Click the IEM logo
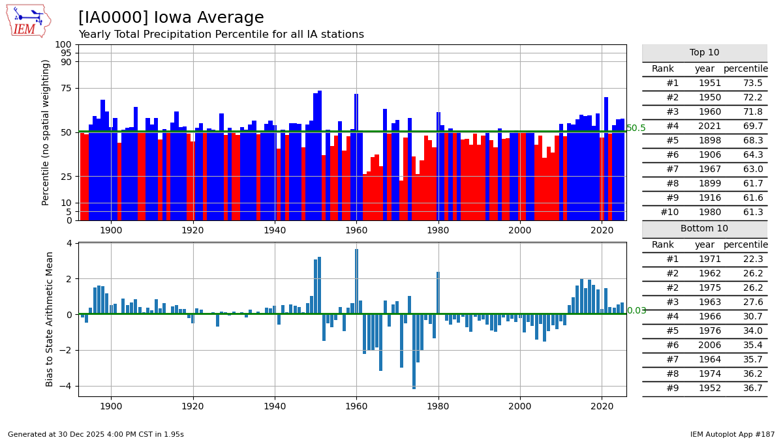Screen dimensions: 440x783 (x=29, y=21)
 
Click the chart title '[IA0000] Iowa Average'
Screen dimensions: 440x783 (x=171, y=18)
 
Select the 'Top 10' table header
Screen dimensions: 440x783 (x=704, y=53)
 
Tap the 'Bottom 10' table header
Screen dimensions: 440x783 (x=704, y=229)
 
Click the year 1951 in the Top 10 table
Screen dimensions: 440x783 (x=710, y=83)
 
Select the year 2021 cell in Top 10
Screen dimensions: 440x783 (x=710, y=126)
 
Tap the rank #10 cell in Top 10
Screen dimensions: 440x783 (x=670, y=213)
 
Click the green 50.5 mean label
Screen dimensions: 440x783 (x=636, y=128)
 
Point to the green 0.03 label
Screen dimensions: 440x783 (x=636, y=311)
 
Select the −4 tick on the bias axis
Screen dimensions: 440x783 (x=65, y=386)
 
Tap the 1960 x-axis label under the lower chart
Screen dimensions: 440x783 (x=356, y=406)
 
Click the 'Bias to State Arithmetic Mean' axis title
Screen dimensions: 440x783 (x=50, y=319)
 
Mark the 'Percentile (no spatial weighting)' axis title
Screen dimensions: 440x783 (x=46, y=132)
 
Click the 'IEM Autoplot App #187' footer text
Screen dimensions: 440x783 (x=732, y=434)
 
